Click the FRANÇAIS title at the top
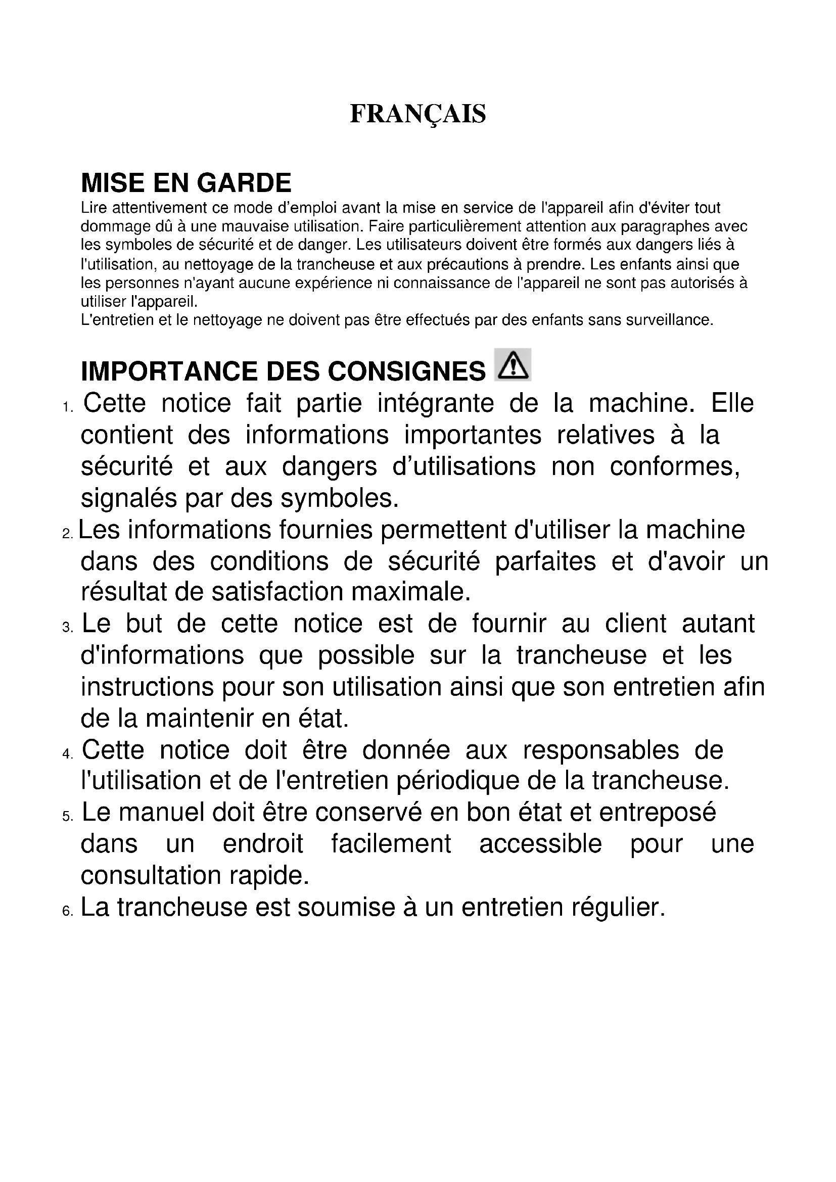coord(417,114)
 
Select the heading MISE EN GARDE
coord(187,183)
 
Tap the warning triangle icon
coord(512,365)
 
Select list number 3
coord(67,628)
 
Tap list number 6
coord(67,911)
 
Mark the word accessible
coord(540,844)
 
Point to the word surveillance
coord(669,320)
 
